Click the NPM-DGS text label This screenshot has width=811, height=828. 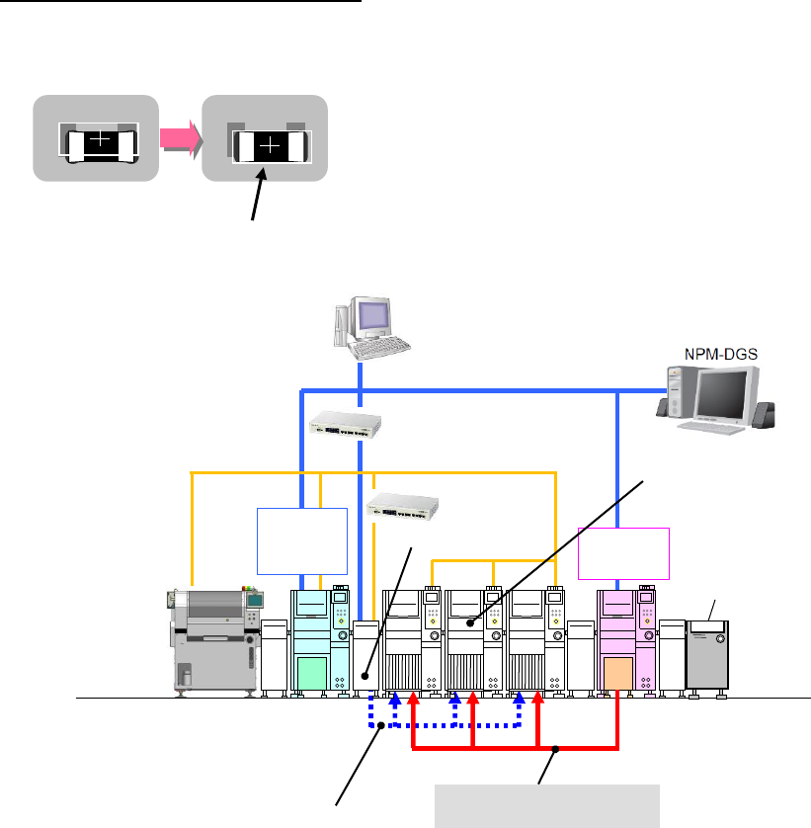click(x=721, y=354)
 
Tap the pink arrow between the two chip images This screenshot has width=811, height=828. click(x=181, y=138)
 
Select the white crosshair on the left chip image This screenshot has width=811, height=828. click(x=100, y=139)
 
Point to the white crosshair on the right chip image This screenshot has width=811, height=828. click(x=270, y=144)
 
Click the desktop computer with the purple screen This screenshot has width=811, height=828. click(x=372, y=327)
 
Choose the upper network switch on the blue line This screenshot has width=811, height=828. click(x=346, y=425)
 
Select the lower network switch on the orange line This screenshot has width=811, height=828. click(x=402, y=507)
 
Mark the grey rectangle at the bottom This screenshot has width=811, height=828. click(x=547, y=806)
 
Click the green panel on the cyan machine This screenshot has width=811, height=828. click(x=312, y=673)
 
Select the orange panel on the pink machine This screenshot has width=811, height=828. click(x=618, y=673)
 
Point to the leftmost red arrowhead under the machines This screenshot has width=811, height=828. click(x=414, y=698)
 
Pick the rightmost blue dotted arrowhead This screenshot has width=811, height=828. click(x=519, y=698)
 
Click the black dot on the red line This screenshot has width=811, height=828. click(x=555, y=749)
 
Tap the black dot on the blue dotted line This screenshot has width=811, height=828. click(x=380, y=725)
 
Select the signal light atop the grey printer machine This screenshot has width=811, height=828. click(x=248, y=588)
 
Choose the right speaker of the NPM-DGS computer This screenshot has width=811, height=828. click(x=764, y=415)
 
